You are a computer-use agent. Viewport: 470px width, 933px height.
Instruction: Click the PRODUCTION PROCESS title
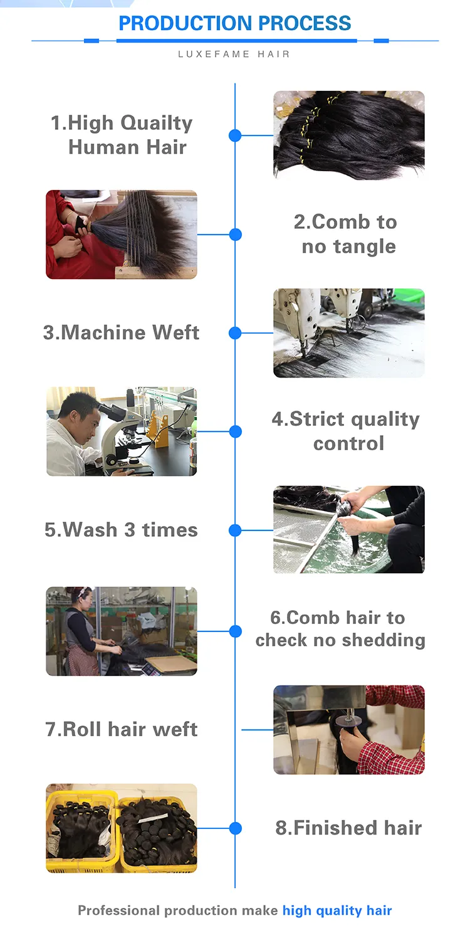[x=235, y=23]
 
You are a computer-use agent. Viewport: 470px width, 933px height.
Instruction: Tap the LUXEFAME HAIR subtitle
[x=234, y=54]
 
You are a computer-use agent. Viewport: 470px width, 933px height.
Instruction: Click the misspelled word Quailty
[x=156, y=124]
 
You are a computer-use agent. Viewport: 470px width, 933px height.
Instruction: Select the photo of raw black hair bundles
[x=349, y=135]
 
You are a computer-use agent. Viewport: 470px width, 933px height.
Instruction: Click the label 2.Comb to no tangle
[x=345, y=234]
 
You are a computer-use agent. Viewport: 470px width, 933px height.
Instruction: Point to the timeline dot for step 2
[x=235, y=235]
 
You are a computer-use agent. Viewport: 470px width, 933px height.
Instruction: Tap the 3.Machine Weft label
[x=121, y=332]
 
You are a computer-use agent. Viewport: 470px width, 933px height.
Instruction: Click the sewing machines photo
[x=349, y=333]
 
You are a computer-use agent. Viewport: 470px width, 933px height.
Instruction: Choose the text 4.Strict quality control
[x=346, y=431]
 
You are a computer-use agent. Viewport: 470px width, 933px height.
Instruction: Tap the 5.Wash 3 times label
[x=121, y=530]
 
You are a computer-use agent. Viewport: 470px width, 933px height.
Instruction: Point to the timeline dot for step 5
[x=235, y=530]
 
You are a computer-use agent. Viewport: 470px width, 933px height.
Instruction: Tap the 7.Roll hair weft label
[x=121, y=729]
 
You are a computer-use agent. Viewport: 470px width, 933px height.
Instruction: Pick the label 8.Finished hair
[x=348, y=828]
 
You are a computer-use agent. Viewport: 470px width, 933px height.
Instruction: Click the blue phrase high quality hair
[x=337, y=910]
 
